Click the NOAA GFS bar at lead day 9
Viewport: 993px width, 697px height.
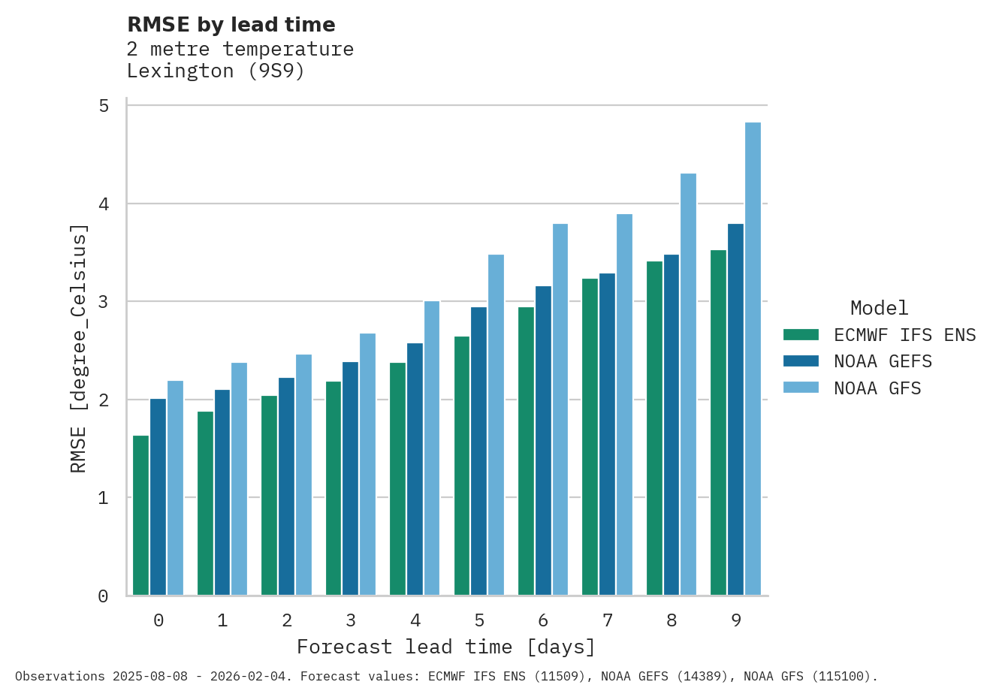point(753,359)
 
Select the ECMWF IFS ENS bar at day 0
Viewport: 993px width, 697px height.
point(140,515)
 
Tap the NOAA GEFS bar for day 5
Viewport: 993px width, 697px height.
point(478,451)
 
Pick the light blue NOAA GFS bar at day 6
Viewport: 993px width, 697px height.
point(560,409)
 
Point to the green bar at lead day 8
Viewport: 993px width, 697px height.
point(654,428)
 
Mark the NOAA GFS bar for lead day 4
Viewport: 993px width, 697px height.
point(432,448)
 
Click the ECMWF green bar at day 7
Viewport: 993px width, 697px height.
point(590,436)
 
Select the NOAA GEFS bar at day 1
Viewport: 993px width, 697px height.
point(222,492)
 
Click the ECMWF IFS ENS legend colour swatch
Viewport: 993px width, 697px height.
point(801,335)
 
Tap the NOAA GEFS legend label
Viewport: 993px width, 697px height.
point(883,361)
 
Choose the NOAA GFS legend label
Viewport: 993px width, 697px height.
point(877,388)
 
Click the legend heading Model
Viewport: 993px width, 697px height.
point(879,308)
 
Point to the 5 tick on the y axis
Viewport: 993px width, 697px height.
point(104,106)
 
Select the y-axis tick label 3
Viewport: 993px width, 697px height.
point(104,302)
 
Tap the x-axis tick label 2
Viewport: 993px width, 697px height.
point(287,620)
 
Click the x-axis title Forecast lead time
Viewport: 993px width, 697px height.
point(446,647)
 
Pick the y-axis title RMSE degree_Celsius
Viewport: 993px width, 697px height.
point(79,348)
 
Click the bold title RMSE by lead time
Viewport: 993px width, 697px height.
point(231,25)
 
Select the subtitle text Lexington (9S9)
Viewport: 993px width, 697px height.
point(216,71)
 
